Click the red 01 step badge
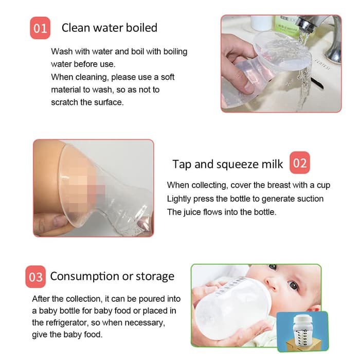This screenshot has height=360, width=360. point(40,28)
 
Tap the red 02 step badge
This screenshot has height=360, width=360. point(299,164)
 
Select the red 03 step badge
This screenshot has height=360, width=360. point(35,277)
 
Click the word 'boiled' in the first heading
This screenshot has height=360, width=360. point(140,28)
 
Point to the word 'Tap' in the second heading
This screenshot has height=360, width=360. point(182,164)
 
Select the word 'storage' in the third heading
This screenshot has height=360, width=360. point(154,277)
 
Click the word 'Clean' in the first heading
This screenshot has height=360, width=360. point(75,28)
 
